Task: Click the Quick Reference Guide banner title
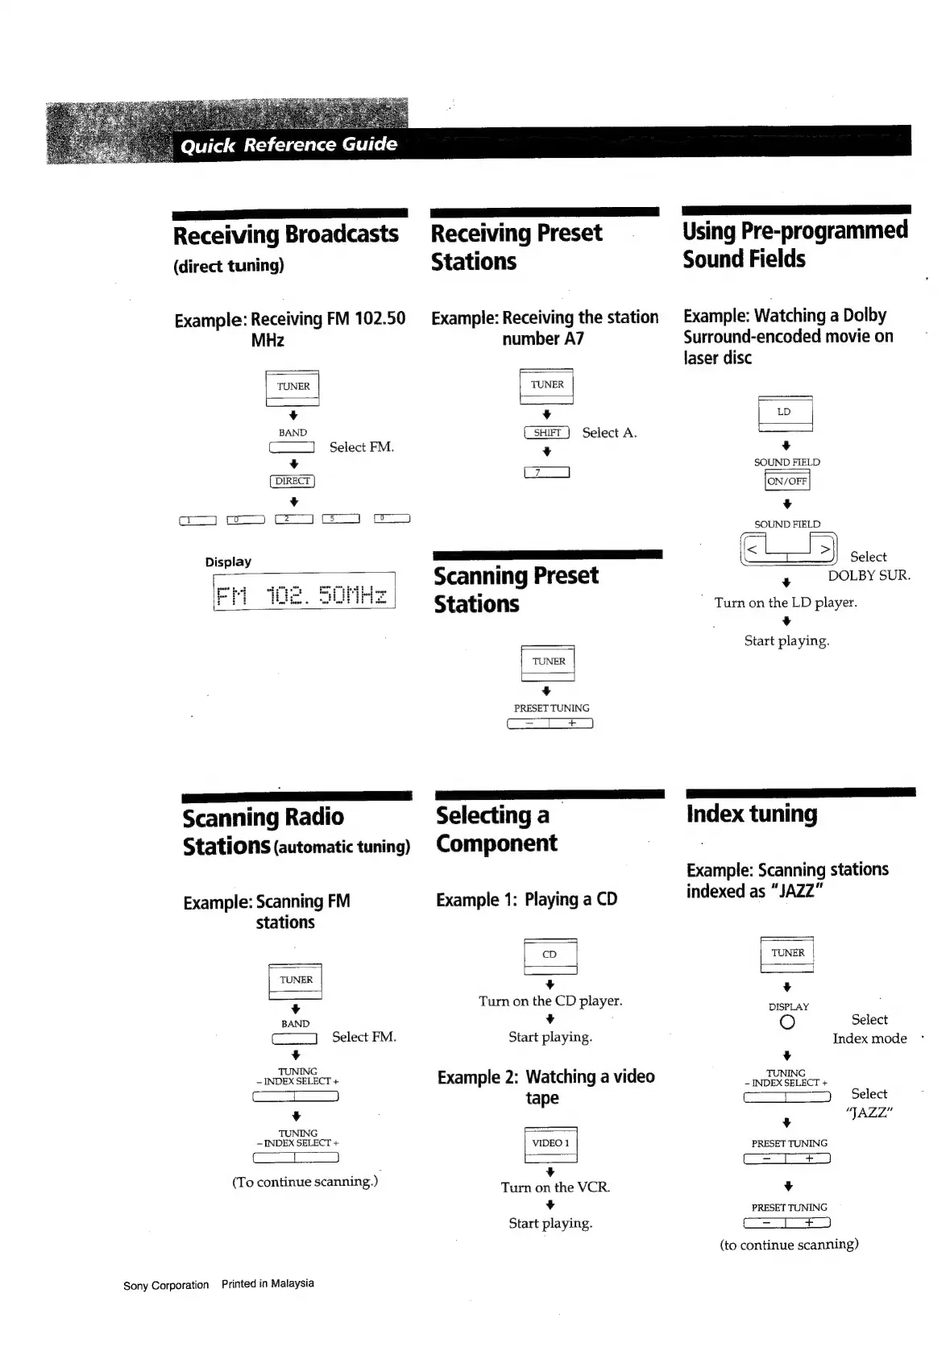(288, 145)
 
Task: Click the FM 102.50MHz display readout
(304, 595)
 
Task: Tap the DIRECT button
(292, 482)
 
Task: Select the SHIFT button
(546, 433)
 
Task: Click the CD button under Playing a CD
(550, 955)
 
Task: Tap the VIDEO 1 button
(550, 1144)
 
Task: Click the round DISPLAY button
(787, 1022)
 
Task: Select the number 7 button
(546, 472)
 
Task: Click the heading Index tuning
(751, 814)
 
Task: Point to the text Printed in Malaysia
(268, 1283)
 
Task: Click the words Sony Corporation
(165, 1285)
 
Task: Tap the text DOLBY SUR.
(869, 575)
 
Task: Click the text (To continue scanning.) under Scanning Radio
(305, 1182)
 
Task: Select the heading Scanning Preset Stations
(516, 590)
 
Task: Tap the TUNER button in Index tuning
(787, 954)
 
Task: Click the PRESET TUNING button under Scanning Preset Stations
(550, 723)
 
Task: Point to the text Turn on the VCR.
(555, 1187)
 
